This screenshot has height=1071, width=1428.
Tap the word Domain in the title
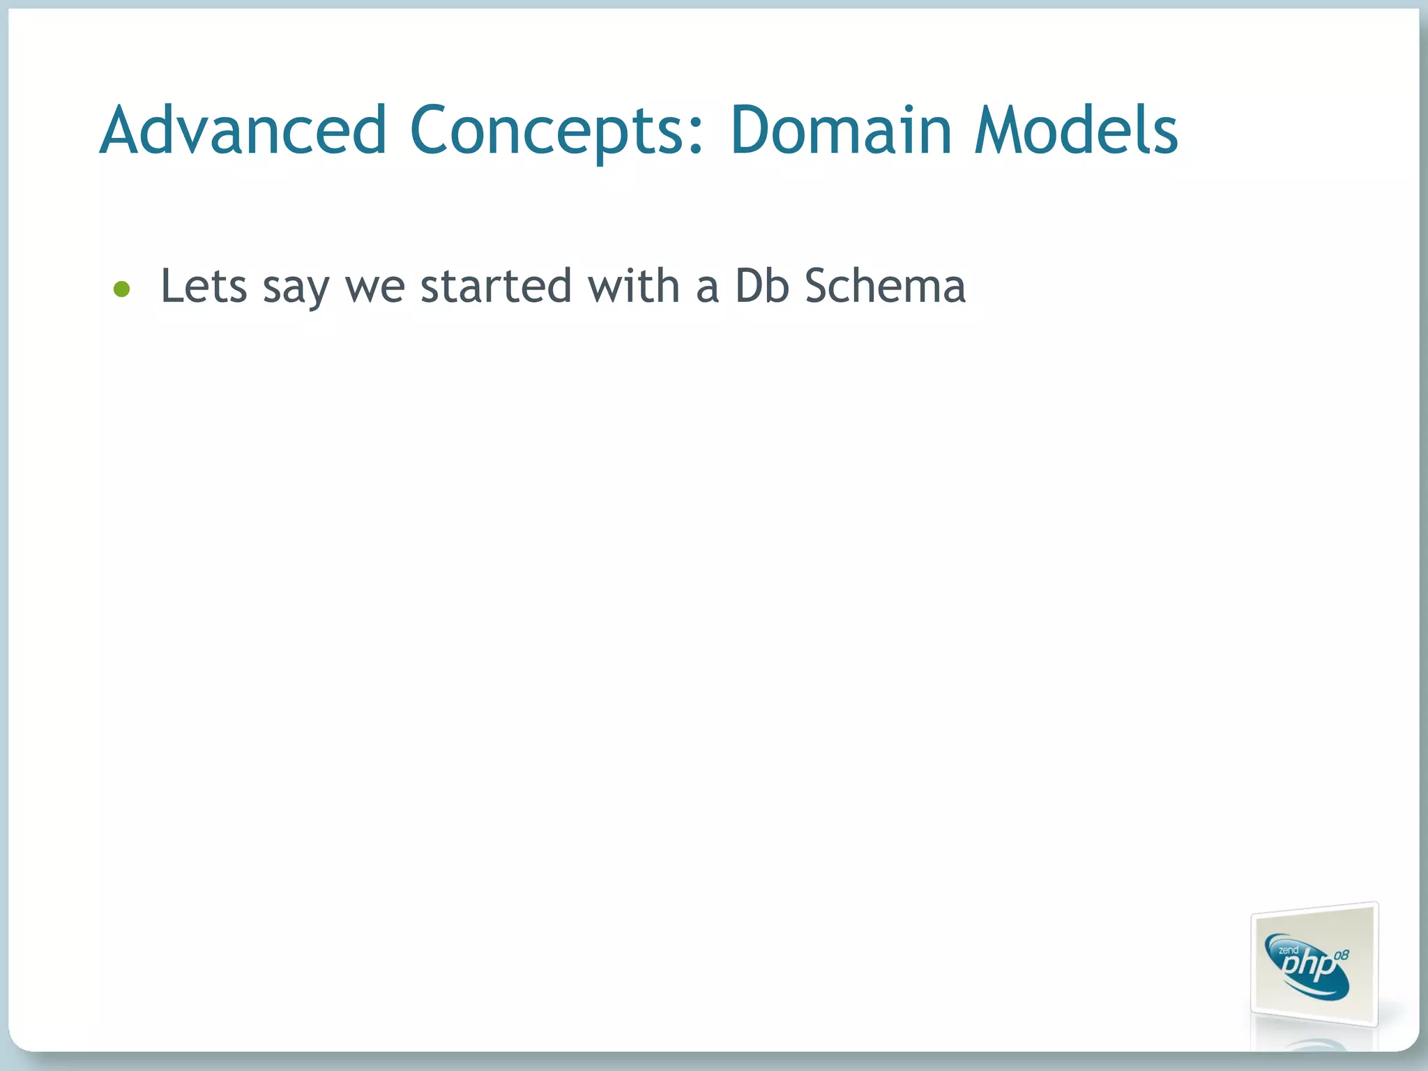[x=840, y=131]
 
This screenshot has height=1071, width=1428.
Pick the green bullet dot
[x=122, y=289]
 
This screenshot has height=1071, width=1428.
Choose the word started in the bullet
[x=496, y=286]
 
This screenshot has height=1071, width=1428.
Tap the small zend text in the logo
[x=1288, y=950]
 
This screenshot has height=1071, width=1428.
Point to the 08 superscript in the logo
[x=1340, y=955]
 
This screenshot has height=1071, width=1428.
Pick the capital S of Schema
[x=820, y=286]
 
